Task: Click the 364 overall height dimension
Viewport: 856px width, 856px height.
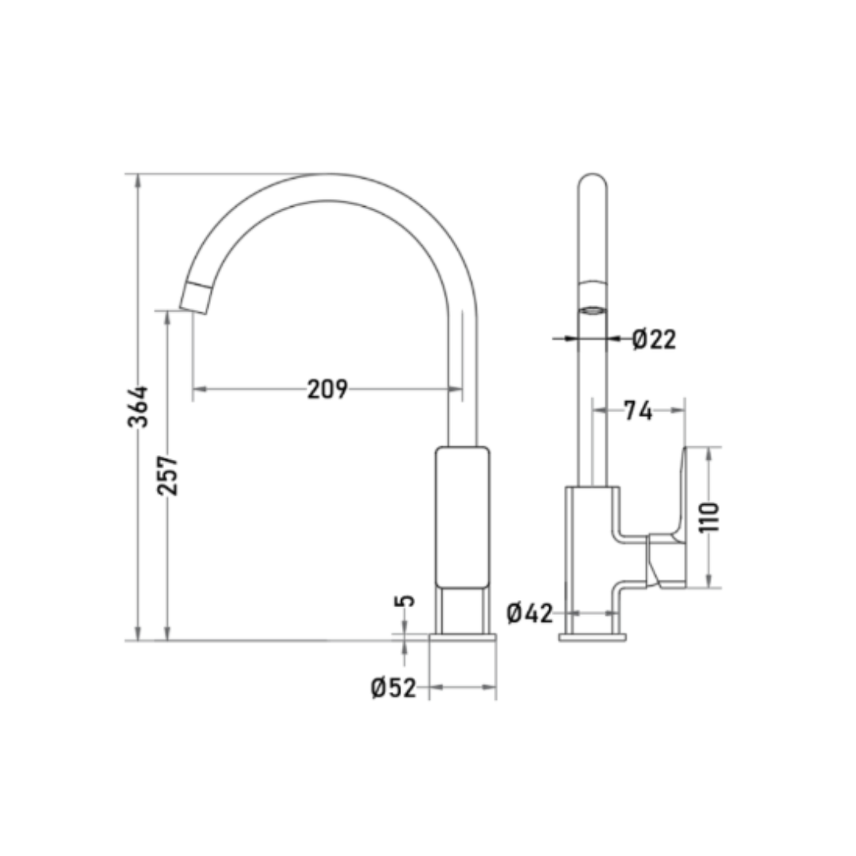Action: (x=138, y=407)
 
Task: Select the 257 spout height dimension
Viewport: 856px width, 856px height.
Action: (x=167, y=475)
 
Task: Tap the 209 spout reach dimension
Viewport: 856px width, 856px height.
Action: (x=327, y=388)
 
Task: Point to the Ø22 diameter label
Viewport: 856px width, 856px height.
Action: (x=654, y=339)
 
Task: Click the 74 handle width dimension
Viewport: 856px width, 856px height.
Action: (x=638, y=411)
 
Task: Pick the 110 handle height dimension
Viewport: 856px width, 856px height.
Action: (x=709, y=517)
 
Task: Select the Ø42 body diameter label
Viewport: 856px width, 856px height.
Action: (x=529, y=613)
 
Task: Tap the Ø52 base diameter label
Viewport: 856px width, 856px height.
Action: (x=394, y=688)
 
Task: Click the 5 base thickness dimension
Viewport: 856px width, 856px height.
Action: (x=404, y=601)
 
